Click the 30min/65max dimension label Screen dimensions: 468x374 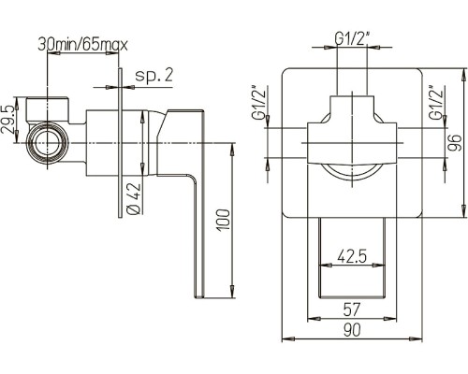click(x=82, y=45)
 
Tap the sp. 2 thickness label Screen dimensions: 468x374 click(x=154, y=75)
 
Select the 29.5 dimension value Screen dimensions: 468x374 click(x=7, y=120)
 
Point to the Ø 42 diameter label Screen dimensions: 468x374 click(x=134, y=198)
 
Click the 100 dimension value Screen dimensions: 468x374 click(x=224, y=220)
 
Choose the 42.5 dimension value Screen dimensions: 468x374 click(x=352, y=256)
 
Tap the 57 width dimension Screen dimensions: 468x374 click(x=352, y=309)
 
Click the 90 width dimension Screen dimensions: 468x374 click(x=352, y=330)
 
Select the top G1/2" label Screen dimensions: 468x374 click(x=352, y=38)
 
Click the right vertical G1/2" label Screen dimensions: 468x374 click(x=435, y=102)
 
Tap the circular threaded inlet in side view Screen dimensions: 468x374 click(x=48, y=143)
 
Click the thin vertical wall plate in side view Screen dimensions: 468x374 click(x=120, y=142)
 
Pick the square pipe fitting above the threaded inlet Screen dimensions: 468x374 click(x=48, y=109)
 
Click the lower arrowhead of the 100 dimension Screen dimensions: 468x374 click(x=232, y=291)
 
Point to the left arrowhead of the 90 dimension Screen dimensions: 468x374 click(x=288, y=338)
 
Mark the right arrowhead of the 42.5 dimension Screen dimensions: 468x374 click(x=378, y=266)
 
